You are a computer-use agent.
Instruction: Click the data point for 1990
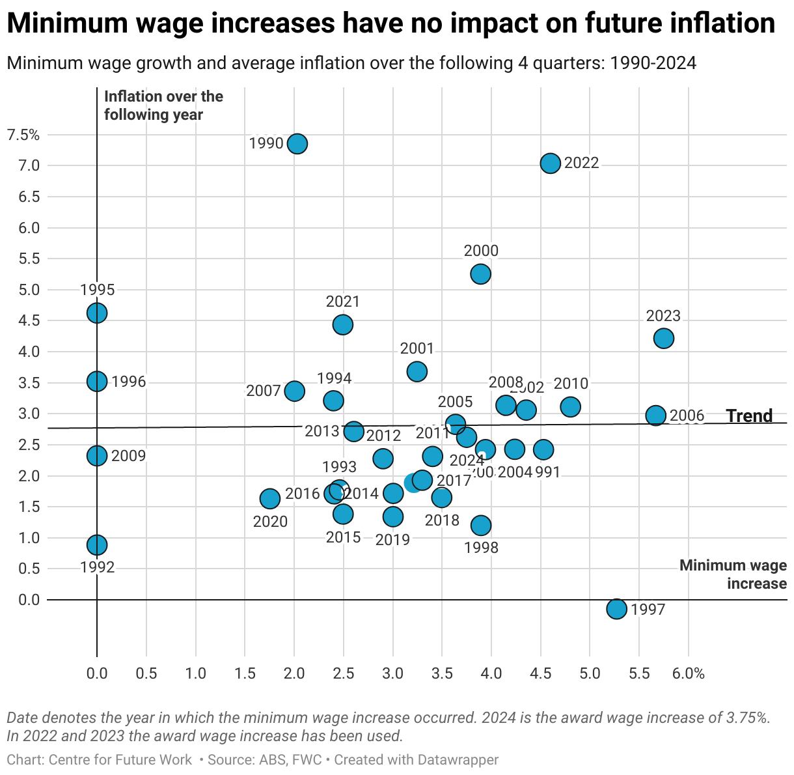(x=297, y=143)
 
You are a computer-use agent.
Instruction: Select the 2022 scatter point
(x=550, y=163)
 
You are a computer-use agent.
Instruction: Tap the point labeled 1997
(x=616, y=609)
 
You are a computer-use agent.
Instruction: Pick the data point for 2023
(x=663, y=338)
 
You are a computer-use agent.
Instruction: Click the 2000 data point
(x=480, y=274)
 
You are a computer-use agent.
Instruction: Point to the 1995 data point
(x=97, y=313)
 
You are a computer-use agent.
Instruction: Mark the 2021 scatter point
(x=343, y=324)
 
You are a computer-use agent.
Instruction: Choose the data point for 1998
(x=481, y=525)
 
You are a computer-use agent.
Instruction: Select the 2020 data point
(x=270, y=499)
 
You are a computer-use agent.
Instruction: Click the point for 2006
(x=655, y=416)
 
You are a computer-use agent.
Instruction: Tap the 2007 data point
(x=294, y=391)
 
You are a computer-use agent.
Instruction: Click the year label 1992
(x=98, y=567)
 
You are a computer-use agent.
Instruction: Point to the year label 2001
(x=417, y=349)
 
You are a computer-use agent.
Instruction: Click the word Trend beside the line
(x=749, y=416)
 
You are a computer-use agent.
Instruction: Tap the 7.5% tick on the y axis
(x=23, y=135)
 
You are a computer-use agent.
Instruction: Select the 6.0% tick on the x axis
(x=689, y=673)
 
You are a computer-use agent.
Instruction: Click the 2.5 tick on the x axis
(x=344, y=673)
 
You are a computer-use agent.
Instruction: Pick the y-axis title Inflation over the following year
(x=163, y=106)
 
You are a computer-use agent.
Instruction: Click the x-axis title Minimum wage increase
(x=733, y=574)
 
